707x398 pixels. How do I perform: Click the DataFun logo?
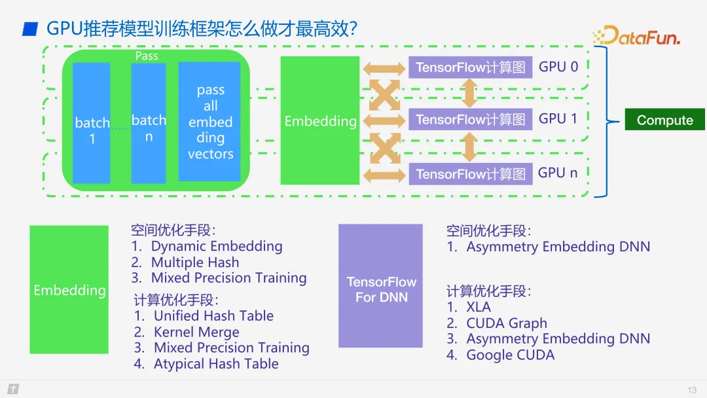click(x=637, y=36)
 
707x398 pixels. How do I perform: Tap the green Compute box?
click(x=664, y=120)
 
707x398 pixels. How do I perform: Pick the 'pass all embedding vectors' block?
click(x=210, y=122)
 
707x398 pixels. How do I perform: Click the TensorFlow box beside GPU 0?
click(x=470, y=67)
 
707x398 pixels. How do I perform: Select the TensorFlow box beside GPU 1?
click(x=470, y=120)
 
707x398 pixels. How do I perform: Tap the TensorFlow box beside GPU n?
click(x=470, y=174)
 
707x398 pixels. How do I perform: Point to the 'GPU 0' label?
click(x=558, y=67)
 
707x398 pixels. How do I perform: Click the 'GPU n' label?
click(x=558, y=173)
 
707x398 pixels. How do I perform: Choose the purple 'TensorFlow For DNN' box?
click(x=381, y=285)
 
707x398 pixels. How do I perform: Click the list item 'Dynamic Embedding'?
click(x=216, y=247)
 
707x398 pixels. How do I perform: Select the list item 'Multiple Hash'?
click(x=194, y=262)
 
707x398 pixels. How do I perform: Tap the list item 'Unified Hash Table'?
click(x=213, y=316)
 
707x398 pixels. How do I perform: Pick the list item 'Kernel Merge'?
click(x=196, y=332)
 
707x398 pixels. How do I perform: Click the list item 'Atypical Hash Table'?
click(x=215, y=364)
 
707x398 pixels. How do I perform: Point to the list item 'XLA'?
click(x=478, y=307)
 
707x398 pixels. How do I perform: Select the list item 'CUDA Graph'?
click(x=506, y=323)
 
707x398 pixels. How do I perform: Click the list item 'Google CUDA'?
click(x=510, y=355)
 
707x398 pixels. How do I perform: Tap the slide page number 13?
click(x=692, y=390)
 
